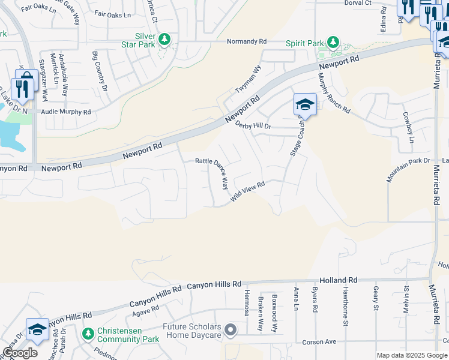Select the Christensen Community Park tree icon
click(x=88, y=333)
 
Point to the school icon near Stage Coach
click(x=304, y=105)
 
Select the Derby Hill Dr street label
click(x=253, y=125)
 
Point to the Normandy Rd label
click(x=246, y=41)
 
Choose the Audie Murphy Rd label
click(x=65, y=112)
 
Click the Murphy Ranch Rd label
click(x=333, y=93)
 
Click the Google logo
click(x=20, y=353)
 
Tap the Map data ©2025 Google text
click(x=411, y=355)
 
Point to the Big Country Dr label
click(x=99, y=71)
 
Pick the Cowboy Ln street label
click(x=408, y=127)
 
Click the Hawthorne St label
click(x=345, y=306)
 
